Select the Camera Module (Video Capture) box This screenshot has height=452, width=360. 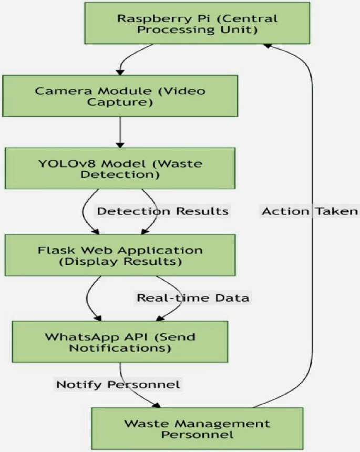(x=120, y=96)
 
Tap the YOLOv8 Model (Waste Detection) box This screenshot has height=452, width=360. (x=120, y=168)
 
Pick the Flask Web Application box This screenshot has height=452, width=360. (x=120, y=254)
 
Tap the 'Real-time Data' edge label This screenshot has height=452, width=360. (x=193, y=297)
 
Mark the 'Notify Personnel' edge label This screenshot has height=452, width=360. (x=118, y=384)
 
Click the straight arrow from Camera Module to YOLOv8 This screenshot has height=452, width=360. (x=120, y=131)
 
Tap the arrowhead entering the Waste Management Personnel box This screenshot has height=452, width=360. (x=157, y=405)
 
